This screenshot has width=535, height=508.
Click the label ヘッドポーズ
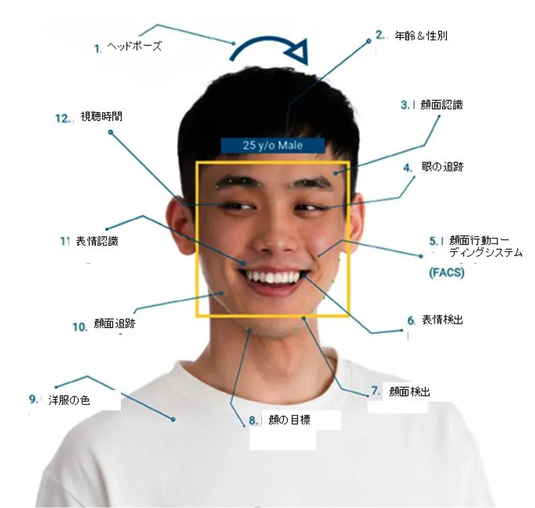tap(134, 46)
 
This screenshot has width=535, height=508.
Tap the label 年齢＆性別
tap(421, 36)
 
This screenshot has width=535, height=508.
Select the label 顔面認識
tap(441, 105)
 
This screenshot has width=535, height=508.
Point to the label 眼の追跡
tap(443, 167)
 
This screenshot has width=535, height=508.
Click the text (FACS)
tap(446, 272)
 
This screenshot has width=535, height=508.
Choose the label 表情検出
tap(442, 320)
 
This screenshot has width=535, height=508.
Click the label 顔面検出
tap(410, 391)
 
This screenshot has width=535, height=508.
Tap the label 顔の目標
tap(289, 419)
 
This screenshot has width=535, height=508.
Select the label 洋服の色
tap(69, 400)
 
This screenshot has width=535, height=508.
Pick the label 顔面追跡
tap(115, 324)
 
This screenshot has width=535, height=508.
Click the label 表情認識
tap(97, 242)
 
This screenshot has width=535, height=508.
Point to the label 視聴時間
tap(101, 117)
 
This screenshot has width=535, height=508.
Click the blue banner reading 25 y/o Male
tap(273, 145)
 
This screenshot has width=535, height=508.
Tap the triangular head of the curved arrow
tap(298, 52)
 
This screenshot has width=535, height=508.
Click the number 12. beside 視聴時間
tap(63, 119)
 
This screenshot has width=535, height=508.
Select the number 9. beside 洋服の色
tap(33, 399)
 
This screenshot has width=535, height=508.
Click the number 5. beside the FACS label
tap(433, 242)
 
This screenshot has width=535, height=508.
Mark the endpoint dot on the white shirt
tap(173, 419)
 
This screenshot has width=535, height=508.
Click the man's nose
tap(277, 236)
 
